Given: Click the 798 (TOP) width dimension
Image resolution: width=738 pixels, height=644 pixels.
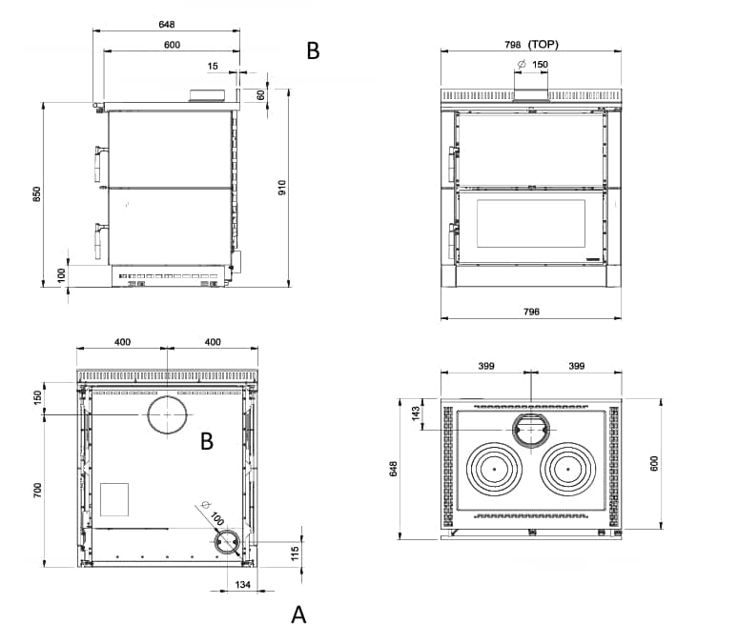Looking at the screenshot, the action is pyautogui.click(x=531, y=45).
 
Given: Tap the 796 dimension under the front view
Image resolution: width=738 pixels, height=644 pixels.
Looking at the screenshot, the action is pyautogui.click(x=531, y=312).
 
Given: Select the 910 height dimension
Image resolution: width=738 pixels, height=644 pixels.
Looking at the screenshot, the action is pyautogui.click(x=282, y=188).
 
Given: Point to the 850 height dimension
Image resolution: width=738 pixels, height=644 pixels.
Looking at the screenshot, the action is pyautogui.click(x=37, y=194).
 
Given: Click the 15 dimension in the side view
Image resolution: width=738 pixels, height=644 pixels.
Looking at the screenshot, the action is pyautogui.click(x=213, y=67).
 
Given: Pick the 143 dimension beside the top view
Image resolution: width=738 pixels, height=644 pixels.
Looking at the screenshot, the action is pyautogui.click(x=416, y=413).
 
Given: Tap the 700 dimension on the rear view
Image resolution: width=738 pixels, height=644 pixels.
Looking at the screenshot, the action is pyautogui.click(x=37, y=491).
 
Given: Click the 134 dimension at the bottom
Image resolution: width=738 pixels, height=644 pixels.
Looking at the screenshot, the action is pyautogui.click(x=242, y=585).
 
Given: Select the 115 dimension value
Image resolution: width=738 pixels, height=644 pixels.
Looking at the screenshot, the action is pyautogui.click(x=296, y=553).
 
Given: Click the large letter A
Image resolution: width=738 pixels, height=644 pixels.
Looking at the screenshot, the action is pyautogui.click(x=298, y=614).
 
